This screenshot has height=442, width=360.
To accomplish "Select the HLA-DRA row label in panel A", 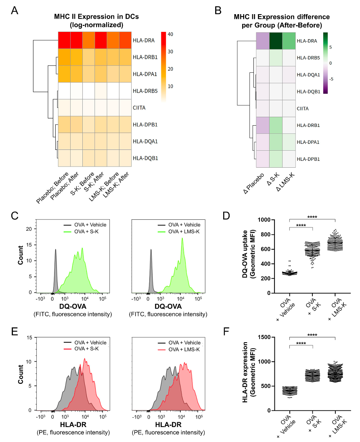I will pos(143,40).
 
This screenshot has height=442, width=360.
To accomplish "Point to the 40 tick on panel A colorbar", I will pos(170,34).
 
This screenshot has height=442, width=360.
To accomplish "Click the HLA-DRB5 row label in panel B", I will pos(308,58).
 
